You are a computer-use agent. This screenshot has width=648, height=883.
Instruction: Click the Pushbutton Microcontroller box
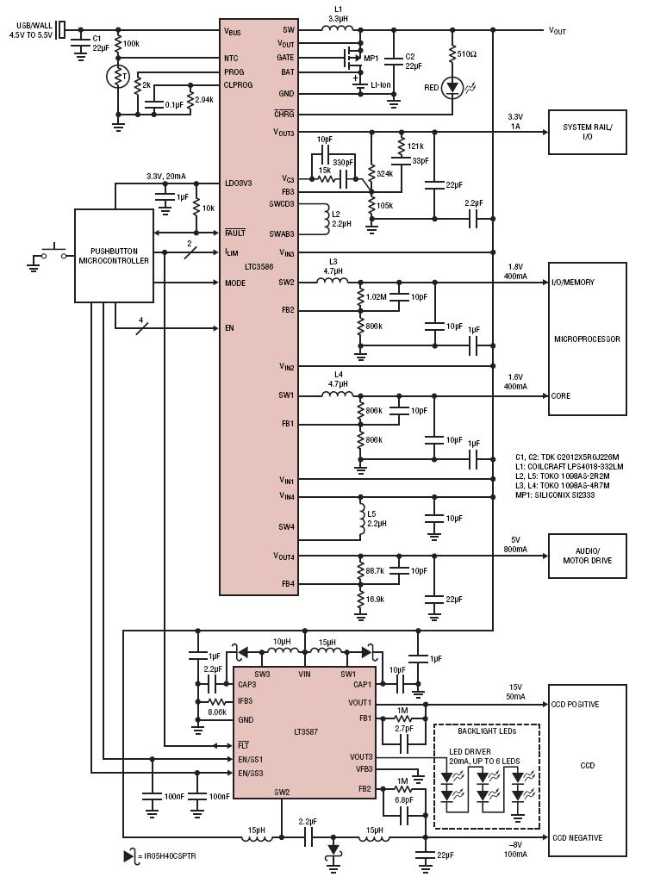[115, 256]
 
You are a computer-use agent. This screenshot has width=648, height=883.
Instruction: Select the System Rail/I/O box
[587, 132]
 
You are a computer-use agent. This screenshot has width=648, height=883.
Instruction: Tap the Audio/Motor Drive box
[587, 556]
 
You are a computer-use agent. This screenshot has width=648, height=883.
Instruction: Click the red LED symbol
[452, 87]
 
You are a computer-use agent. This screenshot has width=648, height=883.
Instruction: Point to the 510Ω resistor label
[466, 54]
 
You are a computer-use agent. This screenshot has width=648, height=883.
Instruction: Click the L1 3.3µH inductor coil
[338, 27]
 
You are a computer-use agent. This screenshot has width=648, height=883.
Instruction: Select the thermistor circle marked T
[118, 77]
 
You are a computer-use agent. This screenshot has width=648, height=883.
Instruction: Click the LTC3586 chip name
[259, 266]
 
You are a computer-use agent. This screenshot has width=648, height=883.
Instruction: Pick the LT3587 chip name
[305, 732]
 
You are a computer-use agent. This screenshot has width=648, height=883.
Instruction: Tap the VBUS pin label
[232, 31]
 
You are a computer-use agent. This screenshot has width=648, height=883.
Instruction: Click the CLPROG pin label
[238, 85]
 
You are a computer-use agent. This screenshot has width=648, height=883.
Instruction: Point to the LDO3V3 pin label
[239, 183]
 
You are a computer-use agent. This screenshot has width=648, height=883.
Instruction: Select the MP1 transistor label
[371, 58]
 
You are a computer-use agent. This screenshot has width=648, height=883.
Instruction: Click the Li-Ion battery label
[380, 85]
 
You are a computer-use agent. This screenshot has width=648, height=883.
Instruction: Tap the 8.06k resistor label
[216, 712]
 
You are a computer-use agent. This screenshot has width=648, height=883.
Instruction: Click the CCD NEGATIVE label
[577, 837]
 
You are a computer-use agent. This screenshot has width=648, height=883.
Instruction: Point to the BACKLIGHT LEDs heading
[487, 731]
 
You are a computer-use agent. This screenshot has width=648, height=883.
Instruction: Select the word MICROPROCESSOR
[587, 339]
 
